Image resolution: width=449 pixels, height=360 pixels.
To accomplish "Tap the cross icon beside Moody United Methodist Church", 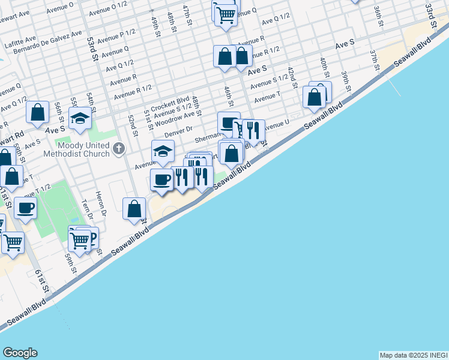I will point(119,148).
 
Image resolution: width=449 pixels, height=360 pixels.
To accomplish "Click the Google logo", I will point(20,353).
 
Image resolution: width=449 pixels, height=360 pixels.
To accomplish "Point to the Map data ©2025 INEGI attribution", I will point(413,355).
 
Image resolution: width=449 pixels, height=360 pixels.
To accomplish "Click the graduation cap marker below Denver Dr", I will point(163,152).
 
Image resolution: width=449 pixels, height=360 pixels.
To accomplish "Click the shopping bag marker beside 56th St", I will point(37,112).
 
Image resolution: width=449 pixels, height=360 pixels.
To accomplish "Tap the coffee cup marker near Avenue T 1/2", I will point(25,208).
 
